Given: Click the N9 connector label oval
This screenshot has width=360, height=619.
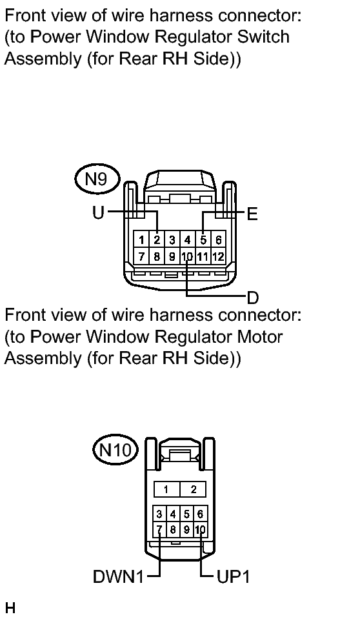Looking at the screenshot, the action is click(96, 179).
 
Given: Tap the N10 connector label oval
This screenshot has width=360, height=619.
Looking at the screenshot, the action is click(115, 449).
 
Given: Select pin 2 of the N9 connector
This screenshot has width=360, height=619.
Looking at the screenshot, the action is click(157, 239).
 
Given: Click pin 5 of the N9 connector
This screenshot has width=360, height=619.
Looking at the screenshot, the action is click(203, 239).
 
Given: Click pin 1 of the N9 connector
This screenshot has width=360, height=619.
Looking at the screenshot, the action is click(141, 239).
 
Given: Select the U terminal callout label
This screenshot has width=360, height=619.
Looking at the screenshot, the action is click(98, 213).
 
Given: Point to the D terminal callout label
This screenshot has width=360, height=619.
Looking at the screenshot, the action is click(253, 298).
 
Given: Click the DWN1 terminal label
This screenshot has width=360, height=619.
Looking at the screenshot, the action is click(119, 577).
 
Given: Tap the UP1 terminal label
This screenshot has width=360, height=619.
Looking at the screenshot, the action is click(233, 577).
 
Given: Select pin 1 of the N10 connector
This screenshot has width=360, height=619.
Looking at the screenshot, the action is click(166, 489).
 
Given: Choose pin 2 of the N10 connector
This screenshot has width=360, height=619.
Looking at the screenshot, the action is click(193, 489).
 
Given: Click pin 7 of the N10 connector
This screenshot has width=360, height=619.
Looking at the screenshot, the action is click(159, 529).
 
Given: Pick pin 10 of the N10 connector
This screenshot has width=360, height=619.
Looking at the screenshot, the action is click(200, 529).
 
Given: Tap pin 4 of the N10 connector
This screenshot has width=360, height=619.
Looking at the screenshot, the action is click(173, 514).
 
